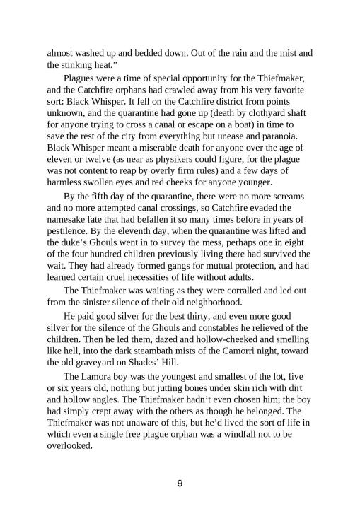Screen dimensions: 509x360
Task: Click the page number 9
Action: click(180, 484)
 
